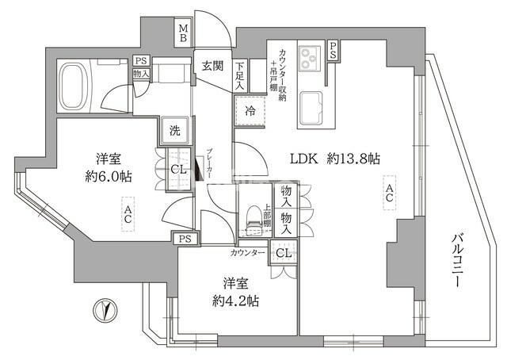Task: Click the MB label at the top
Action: click(183, 34)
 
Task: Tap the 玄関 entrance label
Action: click(212, 67)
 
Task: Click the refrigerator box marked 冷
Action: click(250, 112)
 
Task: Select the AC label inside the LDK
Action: click(388, 193)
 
